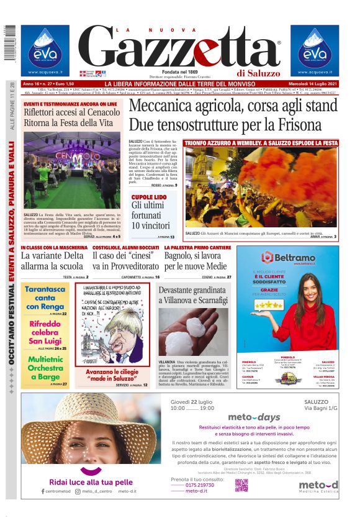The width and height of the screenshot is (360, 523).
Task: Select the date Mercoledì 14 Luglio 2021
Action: tap(314, 84)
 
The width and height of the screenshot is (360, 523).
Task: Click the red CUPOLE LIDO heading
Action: tap(149, 197)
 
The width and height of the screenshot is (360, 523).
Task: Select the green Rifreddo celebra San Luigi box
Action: tap(45, 331)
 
